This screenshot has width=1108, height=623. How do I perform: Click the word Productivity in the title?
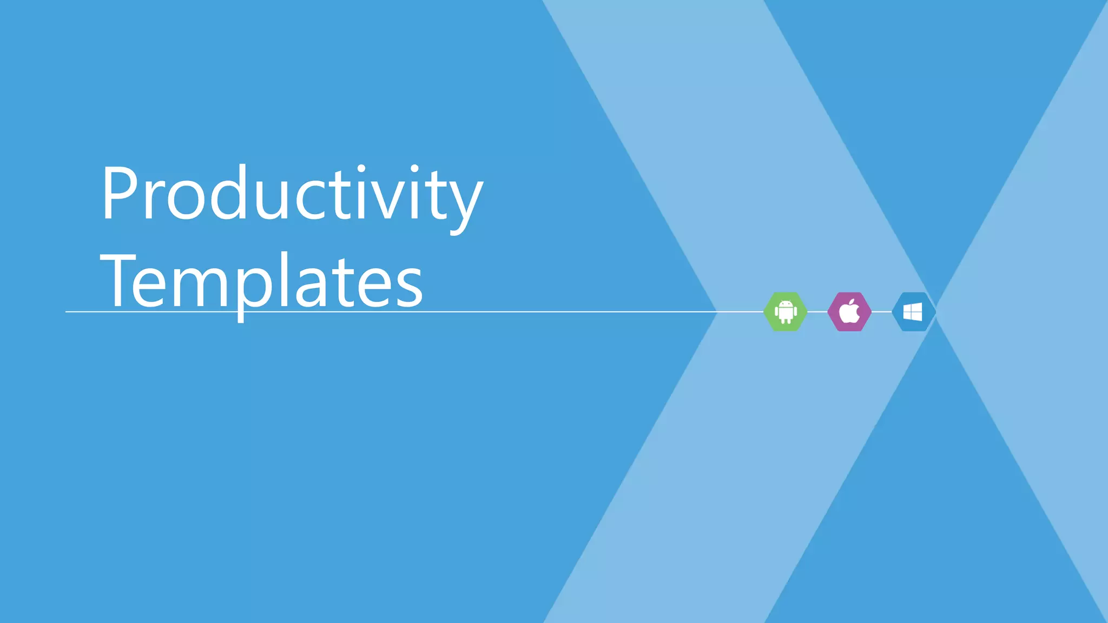[x=292, y=195]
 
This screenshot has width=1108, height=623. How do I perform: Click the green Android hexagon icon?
[x=786, y=311]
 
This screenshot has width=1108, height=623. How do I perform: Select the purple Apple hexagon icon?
[x=849, y=311]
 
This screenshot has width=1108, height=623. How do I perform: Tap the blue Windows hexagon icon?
[x=913, y=311]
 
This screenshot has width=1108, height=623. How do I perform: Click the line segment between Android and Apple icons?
[x=817, y=311]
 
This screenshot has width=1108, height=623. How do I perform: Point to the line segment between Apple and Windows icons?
[x=881, y=311]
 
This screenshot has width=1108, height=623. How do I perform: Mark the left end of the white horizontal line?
[x=67, y=311]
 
